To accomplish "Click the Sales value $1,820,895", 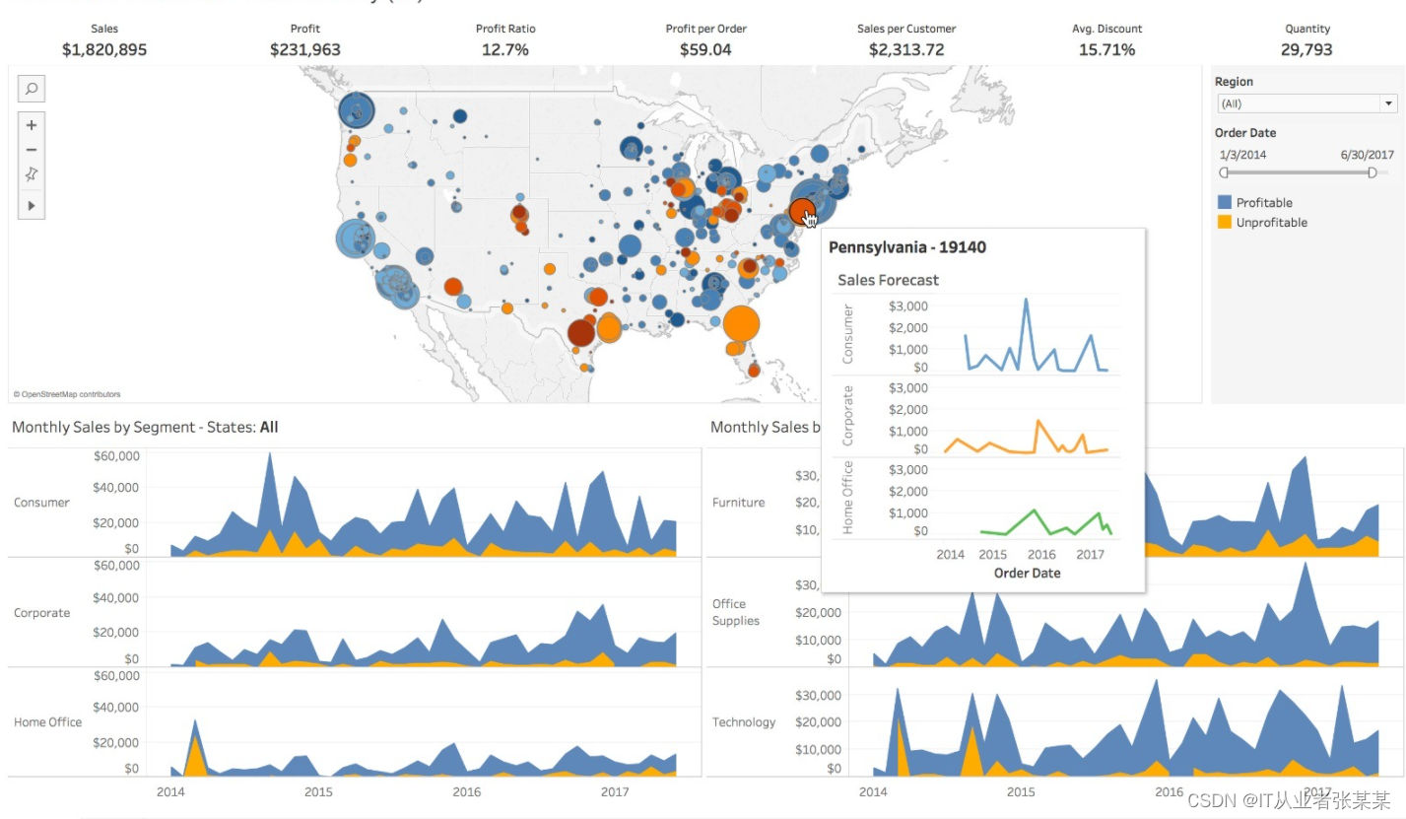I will [103, 49].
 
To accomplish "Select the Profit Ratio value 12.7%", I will [505, 49].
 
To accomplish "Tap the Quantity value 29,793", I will [1306, 49].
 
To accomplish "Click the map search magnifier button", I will [32, 89].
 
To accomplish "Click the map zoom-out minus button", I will [32, 150].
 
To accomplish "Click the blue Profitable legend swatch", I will [1225, 202].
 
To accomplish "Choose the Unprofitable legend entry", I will [1271, 223].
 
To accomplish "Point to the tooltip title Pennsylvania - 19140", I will [906, 247].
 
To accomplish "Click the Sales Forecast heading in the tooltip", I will [888, 280].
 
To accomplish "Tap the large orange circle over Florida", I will [741, 323].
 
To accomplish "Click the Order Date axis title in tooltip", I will [1027, 573].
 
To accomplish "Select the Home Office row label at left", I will [47, 722].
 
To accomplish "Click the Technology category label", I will [744, 722].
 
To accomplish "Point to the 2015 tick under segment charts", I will [318, 791].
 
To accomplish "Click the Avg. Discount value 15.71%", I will [1106, 49].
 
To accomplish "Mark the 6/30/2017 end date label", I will [1367, 155].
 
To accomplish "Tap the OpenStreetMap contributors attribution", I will [67, 394].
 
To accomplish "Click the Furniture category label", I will [738, 503].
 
